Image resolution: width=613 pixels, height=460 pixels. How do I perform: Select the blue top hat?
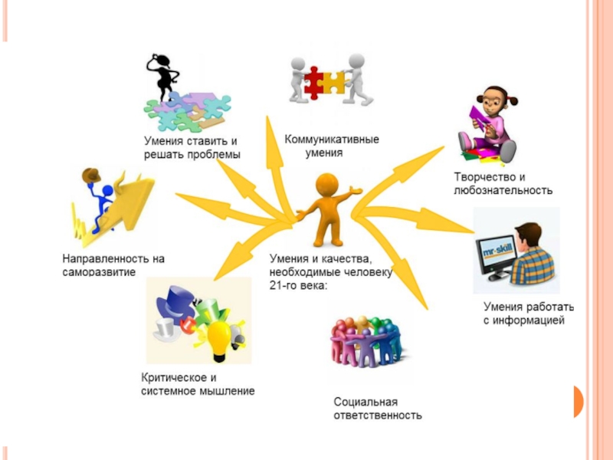point(172,298)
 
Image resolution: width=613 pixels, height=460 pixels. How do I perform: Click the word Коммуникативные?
point(332,140)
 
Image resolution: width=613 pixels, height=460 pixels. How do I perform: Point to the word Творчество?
point(480,176)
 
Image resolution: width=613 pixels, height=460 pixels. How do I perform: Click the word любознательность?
point(503,189)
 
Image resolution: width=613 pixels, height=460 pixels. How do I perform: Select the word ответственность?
point(378,416)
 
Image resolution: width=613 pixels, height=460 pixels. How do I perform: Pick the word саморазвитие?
point(99,272)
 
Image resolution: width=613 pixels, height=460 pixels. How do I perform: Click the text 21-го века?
point(298,286)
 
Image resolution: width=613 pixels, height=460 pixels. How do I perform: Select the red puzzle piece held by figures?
point(313,83)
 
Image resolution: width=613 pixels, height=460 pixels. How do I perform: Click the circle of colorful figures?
point(366,341)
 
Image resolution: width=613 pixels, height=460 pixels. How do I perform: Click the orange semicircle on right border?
point(578,401)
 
